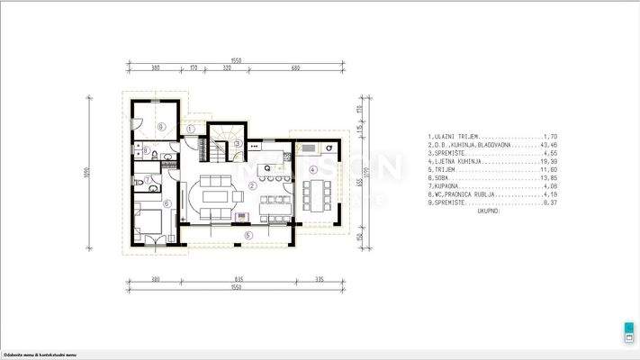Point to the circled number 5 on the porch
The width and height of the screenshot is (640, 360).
click(x=249, y=236)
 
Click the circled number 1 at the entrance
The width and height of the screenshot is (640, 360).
click(x=191, y=129)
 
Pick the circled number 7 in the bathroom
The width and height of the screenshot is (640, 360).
click(x=149, y=180)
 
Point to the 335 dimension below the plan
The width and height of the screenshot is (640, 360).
click(x=320, y=281)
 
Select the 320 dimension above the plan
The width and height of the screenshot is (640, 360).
click(x=228, y=67)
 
